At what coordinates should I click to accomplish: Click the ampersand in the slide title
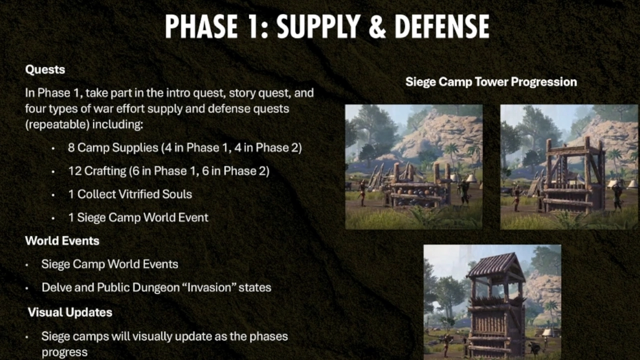click(377, 26)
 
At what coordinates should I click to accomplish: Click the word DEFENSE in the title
click(442, 26)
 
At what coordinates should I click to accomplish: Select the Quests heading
click(45, 69)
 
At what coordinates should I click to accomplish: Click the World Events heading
click(62, 241)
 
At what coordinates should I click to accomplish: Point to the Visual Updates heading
click(70, 312)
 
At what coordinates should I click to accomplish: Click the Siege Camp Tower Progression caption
click(491, 82)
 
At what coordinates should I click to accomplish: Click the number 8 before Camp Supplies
click(71, 147)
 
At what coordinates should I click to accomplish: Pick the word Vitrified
click(138, 194)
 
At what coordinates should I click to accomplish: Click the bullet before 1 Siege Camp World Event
click(53, 218)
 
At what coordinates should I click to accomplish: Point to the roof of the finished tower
click(496, 264)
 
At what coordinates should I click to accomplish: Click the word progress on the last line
click(64, 352)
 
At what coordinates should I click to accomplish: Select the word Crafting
click(105, 171)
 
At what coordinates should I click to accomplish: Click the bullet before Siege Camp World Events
click(27, 265)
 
